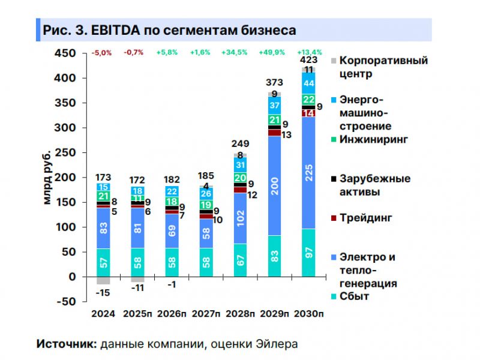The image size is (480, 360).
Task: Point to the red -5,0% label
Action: (x=101, y=52)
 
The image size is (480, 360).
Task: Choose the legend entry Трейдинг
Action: (x=365, y=217)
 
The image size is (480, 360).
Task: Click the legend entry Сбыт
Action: (x=354, y=296)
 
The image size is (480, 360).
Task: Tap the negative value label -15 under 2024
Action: (x=103, y=292)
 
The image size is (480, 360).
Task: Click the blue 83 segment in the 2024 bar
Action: (x=103, y=228)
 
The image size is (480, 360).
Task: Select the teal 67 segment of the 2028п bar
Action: (x=240, y=260)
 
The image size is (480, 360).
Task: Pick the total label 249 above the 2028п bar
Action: (x=240, y=143)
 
